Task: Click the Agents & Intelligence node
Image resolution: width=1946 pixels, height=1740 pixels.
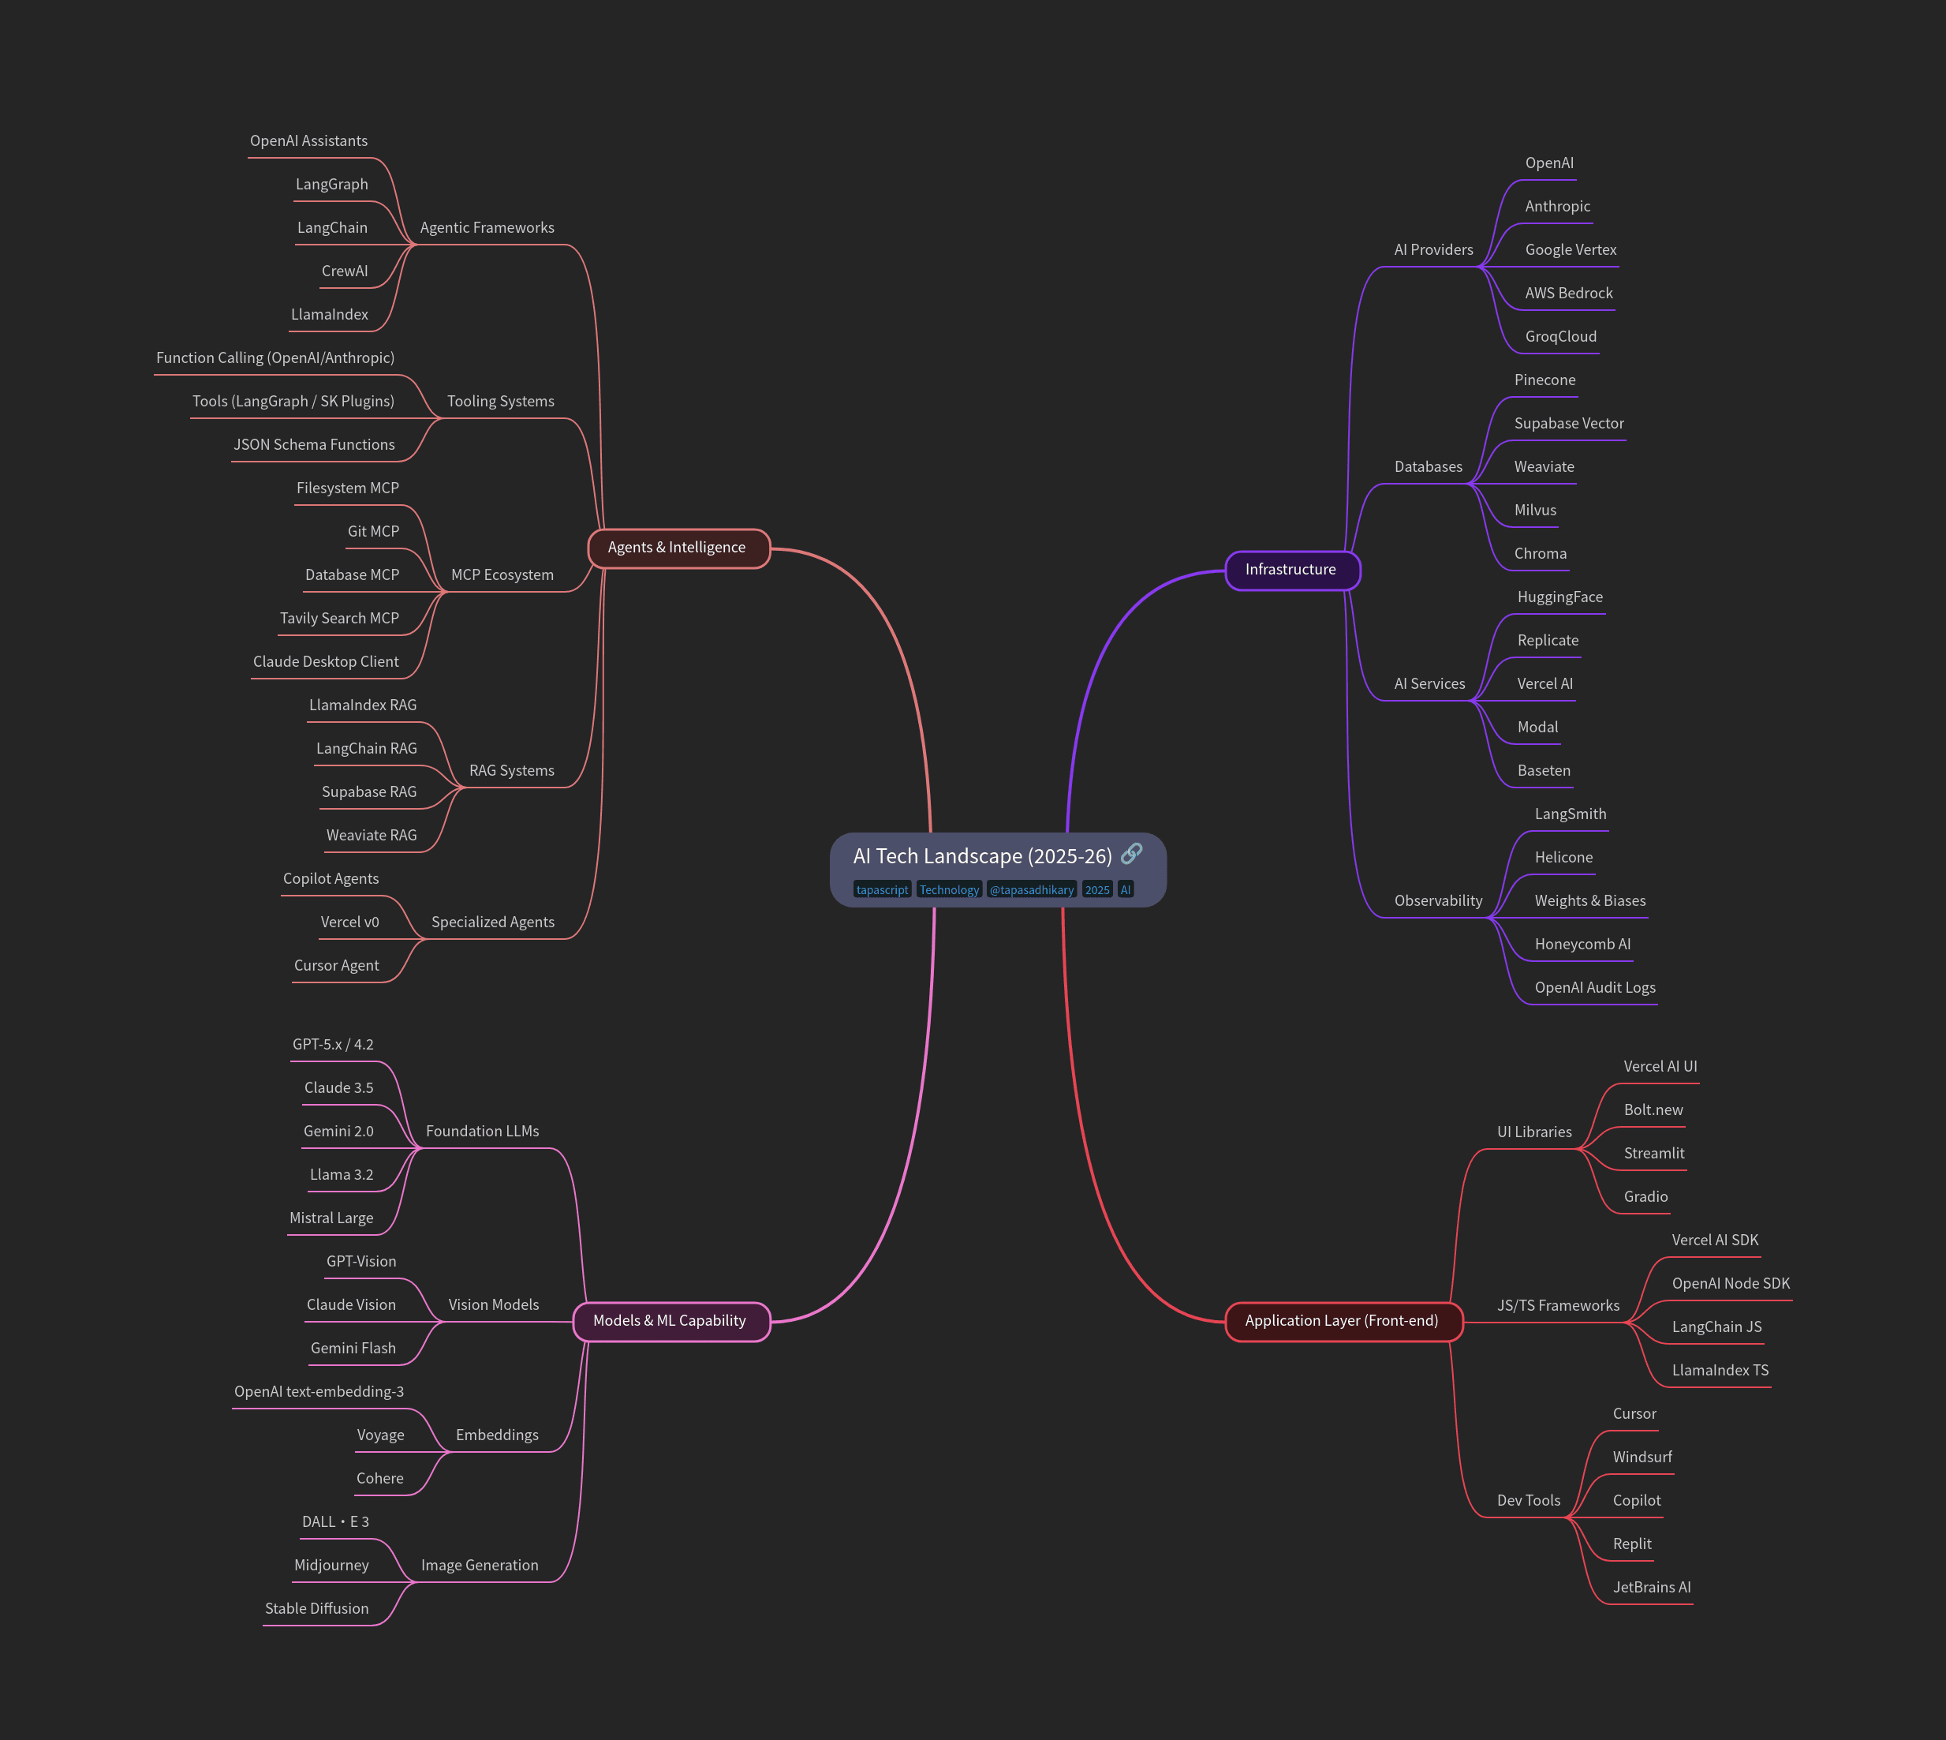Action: pyautogui.click(x=677, y=548)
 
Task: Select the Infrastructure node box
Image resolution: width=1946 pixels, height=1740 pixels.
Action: pyautogui.click(x=1290, y=570)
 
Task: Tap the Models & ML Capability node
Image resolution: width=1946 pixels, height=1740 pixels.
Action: pyautogui.click(x=669, y=1321)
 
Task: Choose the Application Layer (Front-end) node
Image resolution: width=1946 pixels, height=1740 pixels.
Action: pyautogui.click(x=1341, y=1321)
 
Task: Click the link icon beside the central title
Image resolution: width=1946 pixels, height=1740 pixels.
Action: pyautogui.click(x=1132, y=853)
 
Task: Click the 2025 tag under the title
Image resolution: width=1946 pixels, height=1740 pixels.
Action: pyautogui.click(x=1097, y=890)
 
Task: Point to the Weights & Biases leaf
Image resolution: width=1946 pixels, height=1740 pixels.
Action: pyautogui.click(x=1589, y=900)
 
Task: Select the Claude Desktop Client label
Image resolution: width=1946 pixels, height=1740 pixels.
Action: pyautogui.click(x=326, y=661)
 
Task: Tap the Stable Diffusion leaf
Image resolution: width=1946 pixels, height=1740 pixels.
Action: pyautogui.click(x=316, y=1609)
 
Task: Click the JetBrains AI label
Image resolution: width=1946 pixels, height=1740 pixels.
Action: pyautogui.click(x=1652, y=1587)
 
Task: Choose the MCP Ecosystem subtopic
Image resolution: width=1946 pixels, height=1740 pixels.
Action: pyautogui.click(x=502, y=574)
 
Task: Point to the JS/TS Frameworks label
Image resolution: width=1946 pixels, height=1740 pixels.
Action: pyautogui.click(x=1558, y=1306)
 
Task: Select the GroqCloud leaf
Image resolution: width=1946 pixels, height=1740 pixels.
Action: pyautogui.click(x=1561, y=336)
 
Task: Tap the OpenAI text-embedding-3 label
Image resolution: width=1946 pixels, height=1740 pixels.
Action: pyautogui.click(x=319, y=1392)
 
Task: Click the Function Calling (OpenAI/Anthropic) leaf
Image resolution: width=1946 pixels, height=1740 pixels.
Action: pyautogui.click(x=275, y=357)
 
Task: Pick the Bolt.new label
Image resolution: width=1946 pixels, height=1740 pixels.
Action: pyautogui.click(x=1653, y=1110)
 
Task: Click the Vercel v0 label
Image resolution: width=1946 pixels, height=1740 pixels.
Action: pyautogui.click(x=349, y=922)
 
